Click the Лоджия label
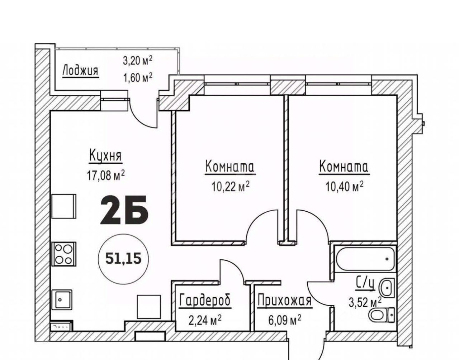pyautogui.click(x=81, y=71)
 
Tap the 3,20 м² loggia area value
pyautogui.click(x=137, y=61)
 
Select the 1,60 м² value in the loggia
pyautogui.click(x=137, y=78)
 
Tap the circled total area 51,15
pyautogui.click(x=123, y=259)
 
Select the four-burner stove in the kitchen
pyautogui.click(x=64, y=254)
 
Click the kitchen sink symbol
pyautogui.click(x=62, y=299)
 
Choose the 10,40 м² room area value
pyautogui.click(x=344, y=187)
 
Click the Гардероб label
pyautogui.click(x=205, y=301)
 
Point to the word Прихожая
pyautogui.click(x=285, y=301)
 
